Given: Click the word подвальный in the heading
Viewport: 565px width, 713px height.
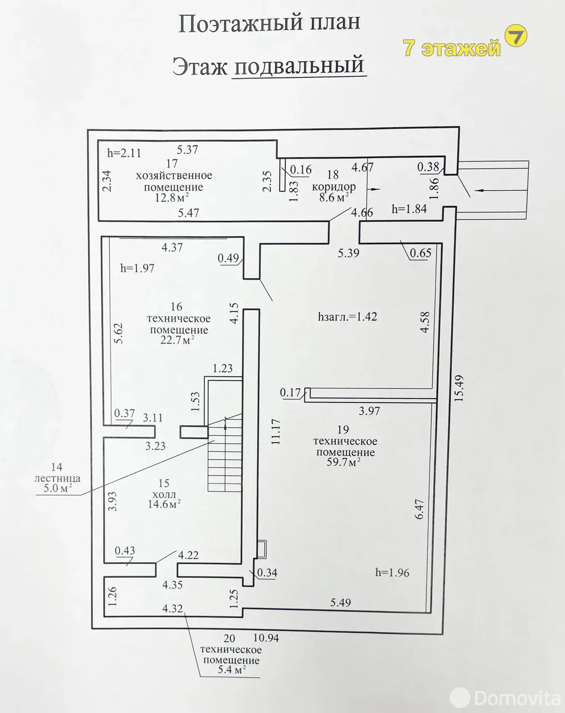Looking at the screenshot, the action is (x=299, y=66).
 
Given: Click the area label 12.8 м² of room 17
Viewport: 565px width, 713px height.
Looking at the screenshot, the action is (x=172, y=198).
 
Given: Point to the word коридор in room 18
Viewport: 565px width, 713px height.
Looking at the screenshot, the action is (x=334, y=187).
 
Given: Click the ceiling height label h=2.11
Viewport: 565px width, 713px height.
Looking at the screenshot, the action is (x=124, y=153).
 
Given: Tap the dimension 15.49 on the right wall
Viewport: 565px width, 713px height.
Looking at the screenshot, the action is (x=459, y=389).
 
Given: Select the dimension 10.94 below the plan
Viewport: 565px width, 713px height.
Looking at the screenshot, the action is (x=266, y=637).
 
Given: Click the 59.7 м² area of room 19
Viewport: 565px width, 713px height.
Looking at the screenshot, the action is (x=343, y=462).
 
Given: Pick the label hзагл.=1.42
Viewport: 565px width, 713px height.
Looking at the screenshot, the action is (x=347, y=317).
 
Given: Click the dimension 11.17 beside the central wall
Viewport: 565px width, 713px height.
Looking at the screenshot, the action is (x=275, y=432).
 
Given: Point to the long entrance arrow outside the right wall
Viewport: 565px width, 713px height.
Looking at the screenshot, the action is (x=501, y=190).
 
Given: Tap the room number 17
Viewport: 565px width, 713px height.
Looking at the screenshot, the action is (x=172, y=164).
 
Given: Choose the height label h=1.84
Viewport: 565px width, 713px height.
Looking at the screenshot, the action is (x=409, y=209).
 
